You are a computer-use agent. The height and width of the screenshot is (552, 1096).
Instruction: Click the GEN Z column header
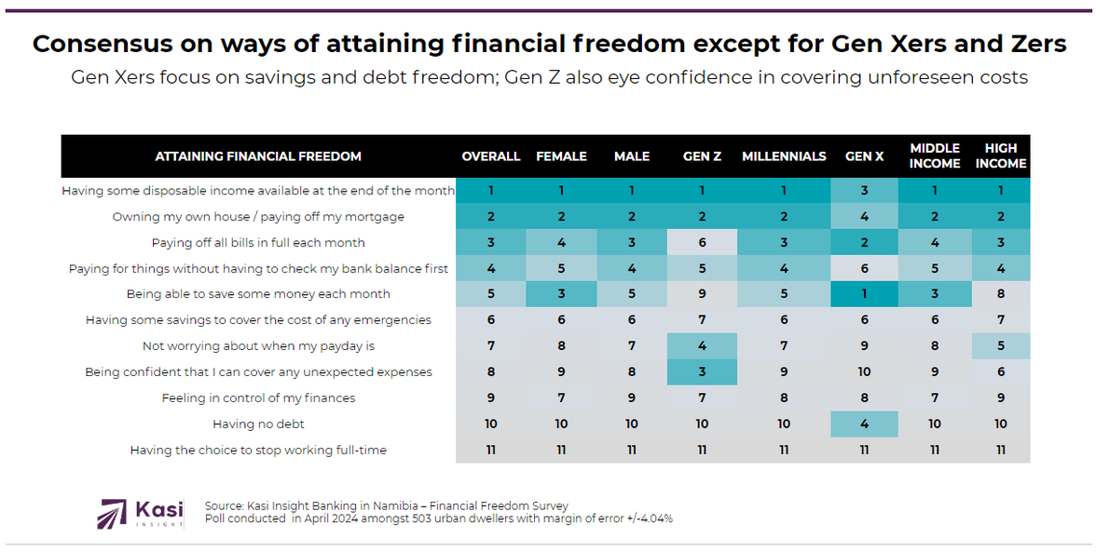tap(702, 156)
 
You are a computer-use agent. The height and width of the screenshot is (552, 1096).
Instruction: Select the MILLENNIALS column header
tap(784, 156)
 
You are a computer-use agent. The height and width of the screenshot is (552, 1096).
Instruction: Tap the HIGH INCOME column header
tap(1001, 155)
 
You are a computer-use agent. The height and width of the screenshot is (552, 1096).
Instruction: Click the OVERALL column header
tap(491, 156)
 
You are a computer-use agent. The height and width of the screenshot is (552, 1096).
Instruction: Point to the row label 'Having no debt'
tap(258, 424)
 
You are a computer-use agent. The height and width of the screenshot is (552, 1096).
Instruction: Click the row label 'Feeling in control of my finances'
tap(258, 397)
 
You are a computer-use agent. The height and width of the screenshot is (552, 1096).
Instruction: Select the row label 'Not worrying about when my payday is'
tap(258, 345)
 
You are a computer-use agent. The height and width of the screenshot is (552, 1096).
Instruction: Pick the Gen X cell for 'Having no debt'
tap(864, 424)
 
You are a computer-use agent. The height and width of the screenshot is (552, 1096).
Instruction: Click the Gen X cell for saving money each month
tap(864, 293)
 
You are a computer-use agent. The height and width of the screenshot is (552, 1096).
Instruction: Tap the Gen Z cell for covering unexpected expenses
tap(702, 371)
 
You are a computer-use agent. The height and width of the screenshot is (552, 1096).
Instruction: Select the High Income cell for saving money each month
tap(1001, 293)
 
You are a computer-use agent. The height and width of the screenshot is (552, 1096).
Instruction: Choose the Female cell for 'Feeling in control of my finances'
tap(561, 397)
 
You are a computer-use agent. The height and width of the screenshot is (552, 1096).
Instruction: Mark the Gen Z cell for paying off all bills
tap(702, 242)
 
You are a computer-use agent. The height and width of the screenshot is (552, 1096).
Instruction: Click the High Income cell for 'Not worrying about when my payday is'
tap(1001, 345)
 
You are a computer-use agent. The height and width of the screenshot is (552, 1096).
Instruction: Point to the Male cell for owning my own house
tap(632, 216)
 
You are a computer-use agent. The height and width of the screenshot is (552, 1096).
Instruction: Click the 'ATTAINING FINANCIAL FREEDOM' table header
tap(258, 156)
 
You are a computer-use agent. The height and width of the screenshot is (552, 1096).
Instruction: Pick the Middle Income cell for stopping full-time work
tap(935, 450)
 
